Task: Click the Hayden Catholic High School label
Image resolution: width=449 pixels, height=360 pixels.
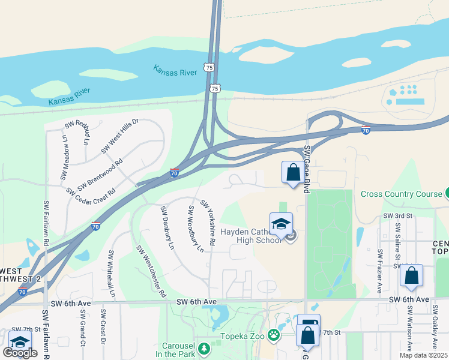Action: click(250, 235)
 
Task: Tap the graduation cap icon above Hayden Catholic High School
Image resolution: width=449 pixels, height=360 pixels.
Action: click(281, 224)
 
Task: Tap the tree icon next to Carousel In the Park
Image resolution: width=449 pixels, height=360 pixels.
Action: click(204, 348)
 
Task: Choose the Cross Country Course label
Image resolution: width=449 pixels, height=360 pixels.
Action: click(401, 194)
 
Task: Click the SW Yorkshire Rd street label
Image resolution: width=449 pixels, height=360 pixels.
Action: click(208, 222)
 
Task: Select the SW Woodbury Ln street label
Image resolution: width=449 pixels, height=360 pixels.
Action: click(196, 230)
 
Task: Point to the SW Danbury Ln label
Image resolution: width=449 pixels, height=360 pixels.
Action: click(167, 228)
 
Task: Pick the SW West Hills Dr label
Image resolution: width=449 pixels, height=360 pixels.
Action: click(120, 135)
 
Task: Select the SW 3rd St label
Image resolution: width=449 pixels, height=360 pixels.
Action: click(397, 215)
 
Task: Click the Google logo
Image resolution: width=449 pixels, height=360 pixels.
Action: click(20, 353)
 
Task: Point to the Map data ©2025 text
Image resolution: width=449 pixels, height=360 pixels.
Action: click(423, 355)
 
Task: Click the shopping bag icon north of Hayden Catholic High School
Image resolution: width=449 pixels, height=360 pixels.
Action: click(293, 172)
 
